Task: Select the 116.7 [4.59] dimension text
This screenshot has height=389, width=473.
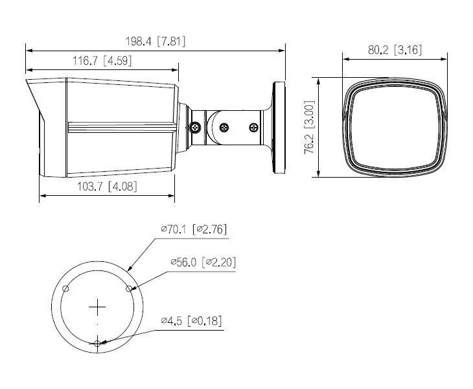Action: [x=102, y=62]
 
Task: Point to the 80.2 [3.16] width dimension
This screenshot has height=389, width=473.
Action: [x=395, y=51]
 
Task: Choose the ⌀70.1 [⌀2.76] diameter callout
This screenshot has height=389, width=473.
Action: [x=194, y=229]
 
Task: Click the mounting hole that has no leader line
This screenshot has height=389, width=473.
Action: [x=65, y=287]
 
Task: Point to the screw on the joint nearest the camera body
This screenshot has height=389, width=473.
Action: [x=195, y=128]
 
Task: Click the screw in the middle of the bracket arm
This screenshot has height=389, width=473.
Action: [x=224, y=128]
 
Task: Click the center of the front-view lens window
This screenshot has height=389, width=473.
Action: [x=395, y=128]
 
